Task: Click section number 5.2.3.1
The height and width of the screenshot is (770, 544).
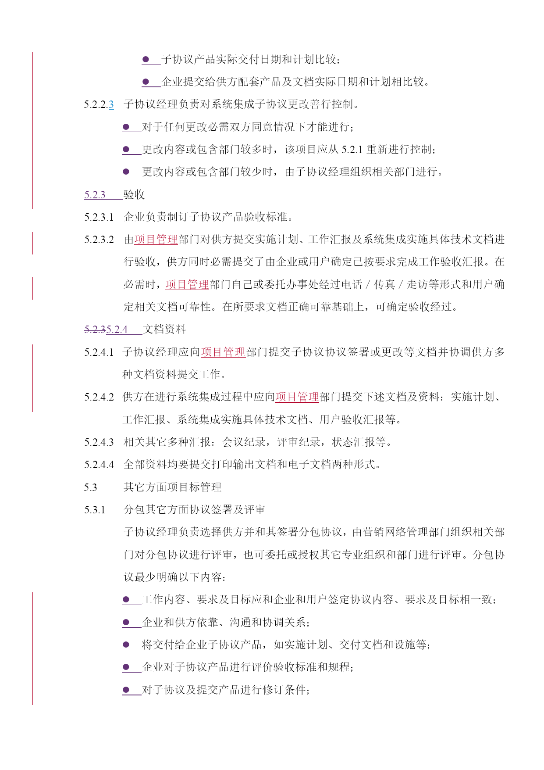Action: [x=99, y=217]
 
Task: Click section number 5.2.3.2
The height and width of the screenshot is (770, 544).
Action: [x=99, y=240]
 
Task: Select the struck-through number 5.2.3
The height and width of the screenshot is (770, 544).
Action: [x=95, y=329]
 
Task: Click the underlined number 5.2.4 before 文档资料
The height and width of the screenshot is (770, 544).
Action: [x=117, y=329]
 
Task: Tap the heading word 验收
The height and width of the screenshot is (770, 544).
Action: [x=134, y=194]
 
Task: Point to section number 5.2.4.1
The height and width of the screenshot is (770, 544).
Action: [x=99, y=352]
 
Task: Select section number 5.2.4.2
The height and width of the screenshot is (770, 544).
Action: [x=99, y=397]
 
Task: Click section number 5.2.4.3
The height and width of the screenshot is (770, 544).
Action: [x=99, y=442]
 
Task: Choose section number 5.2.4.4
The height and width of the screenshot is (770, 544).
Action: [x=99, y=465]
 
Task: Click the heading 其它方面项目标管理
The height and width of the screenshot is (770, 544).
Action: [x=173, y=487]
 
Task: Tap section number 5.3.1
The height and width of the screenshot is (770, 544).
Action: [x=95, y=510]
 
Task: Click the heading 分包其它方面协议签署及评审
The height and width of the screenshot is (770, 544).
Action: [x=195, y=509]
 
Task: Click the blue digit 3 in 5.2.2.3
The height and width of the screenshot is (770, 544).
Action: [x=111, y=104]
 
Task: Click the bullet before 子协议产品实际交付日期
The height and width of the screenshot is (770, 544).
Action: [x=146, y=59]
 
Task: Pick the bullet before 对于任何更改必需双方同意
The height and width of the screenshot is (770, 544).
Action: [x=126, y=127]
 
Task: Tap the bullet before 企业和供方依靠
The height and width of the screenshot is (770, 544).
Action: [x=126, y=622]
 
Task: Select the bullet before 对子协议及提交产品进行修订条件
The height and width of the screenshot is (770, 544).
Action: [x=126, y=690]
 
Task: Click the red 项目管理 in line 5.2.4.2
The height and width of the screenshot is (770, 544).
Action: [x=297, y=397]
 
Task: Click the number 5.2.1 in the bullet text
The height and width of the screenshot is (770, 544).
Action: [x=352, y=150]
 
